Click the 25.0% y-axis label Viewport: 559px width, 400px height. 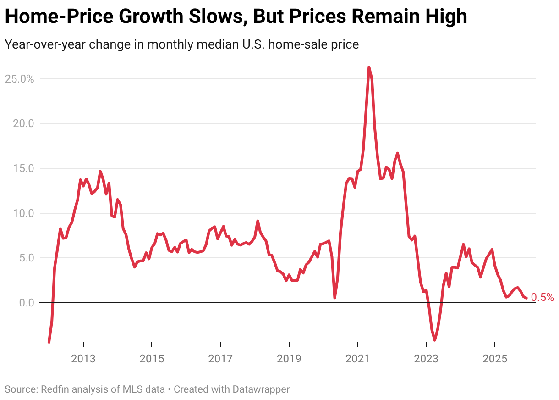[x=19, y=79]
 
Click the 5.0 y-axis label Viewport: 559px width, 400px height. [x=24, y=258]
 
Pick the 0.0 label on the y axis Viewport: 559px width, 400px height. [x=24, y=303]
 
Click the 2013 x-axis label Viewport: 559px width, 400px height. [x=83, y=358]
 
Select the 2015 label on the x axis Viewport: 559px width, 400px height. [x=152, y=358]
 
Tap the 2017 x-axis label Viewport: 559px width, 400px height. [x=220, y=358]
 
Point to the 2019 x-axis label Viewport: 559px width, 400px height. [x=289, y=358]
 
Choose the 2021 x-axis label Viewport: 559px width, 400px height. [x=357, y=358]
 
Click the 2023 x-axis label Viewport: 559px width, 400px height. [x=426, y=358]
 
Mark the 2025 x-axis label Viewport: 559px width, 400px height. [x=494, y=358]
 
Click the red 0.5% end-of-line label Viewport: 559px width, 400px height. [x=543, y=298]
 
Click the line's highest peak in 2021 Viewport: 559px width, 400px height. [x=369, y=67]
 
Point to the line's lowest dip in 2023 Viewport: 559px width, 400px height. [x=434, y=340]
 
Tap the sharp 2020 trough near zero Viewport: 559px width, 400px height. [x=335, y=298]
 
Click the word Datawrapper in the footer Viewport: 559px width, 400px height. [x=260, y=389]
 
